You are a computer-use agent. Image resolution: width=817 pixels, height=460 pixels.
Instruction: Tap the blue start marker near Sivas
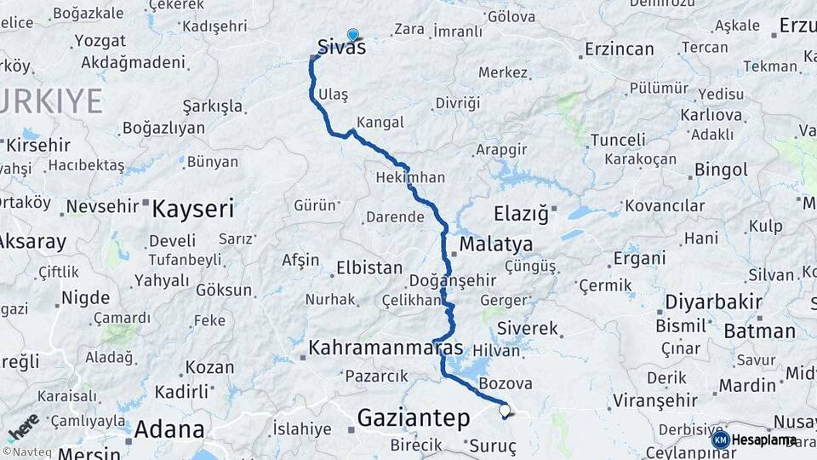click(353, 35)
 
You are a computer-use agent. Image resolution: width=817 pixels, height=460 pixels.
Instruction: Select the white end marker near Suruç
click(505, 411)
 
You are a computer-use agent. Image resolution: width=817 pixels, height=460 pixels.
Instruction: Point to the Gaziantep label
click(413, 417)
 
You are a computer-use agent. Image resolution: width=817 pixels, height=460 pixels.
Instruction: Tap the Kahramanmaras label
click(386, 348)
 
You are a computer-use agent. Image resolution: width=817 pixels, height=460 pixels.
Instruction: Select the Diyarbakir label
click(701, 302)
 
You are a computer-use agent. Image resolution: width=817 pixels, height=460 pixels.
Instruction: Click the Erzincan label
click(618, 51)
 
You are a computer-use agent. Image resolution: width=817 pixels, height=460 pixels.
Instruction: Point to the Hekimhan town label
click(410, 178)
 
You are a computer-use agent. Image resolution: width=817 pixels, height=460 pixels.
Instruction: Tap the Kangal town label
click(380, 122)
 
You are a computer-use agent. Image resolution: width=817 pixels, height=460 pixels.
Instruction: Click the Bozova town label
click(506, 383)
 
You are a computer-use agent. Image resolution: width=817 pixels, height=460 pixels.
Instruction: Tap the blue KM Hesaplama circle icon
click(720, 440)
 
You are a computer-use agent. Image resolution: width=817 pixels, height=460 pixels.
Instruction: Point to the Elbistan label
click(369, 267)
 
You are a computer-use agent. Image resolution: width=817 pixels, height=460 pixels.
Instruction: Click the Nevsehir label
click(102, 206)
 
